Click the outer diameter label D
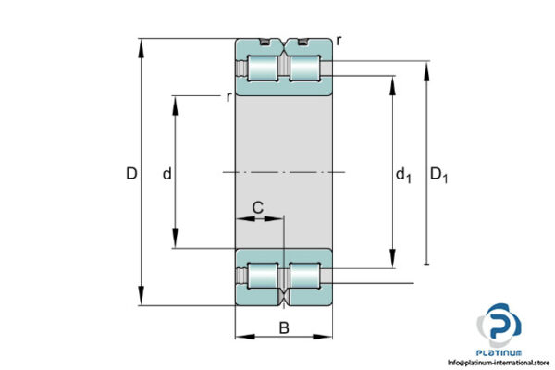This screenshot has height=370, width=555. (x=131, y=173)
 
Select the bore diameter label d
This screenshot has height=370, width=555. (x=166, y=173)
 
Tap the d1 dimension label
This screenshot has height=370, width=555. (x=403, y=174)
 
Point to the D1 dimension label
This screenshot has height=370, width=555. (x=440, y=174)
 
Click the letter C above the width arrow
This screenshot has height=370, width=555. (x=260, y=207)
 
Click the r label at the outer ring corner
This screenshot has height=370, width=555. (x=339, y=40)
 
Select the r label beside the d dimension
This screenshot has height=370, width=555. (x=228, y=96)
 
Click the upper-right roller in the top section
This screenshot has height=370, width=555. (x=305, y=69)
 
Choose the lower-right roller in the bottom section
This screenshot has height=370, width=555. (x=305, y=276)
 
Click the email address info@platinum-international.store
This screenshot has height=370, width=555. (x=499, y=363)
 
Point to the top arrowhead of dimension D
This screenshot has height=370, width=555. (x=142, y=44)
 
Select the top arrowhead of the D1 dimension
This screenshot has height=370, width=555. (x=426, y=68)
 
